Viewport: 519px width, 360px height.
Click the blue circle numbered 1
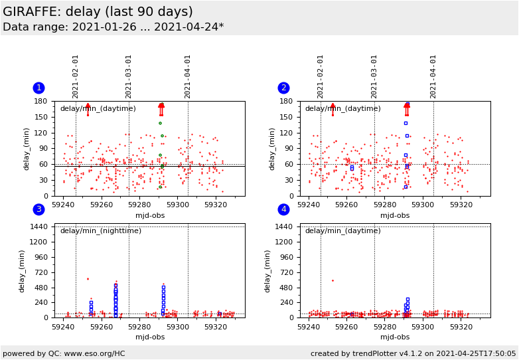(38, 88)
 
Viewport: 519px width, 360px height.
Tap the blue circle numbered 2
(283, 88)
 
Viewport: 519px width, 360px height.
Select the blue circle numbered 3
(38, 210)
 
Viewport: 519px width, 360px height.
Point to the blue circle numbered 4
(283, 210)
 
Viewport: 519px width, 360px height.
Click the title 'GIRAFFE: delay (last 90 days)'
(98, 12)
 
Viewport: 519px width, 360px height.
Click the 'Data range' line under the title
(113, 27)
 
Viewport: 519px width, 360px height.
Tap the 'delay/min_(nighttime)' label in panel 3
(101, 231)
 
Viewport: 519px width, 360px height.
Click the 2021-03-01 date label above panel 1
(129, 76)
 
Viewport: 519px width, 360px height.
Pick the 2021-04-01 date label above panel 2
(433, 76)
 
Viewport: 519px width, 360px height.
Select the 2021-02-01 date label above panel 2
(321, 76)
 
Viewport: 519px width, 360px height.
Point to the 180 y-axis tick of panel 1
(41, 102)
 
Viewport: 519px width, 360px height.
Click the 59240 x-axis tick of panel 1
(64, 205)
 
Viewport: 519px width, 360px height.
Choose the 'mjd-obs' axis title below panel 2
(395, 215)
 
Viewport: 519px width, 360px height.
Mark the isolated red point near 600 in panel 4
(333, 280)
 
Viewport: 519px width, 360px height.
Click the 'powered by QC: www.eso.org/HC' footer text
(64, 353)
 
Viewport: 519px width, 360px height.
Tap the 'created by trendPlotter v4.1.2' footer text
(413, 353)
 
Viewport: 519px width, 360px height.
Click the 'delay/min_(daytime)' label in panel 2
(342, 109)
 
